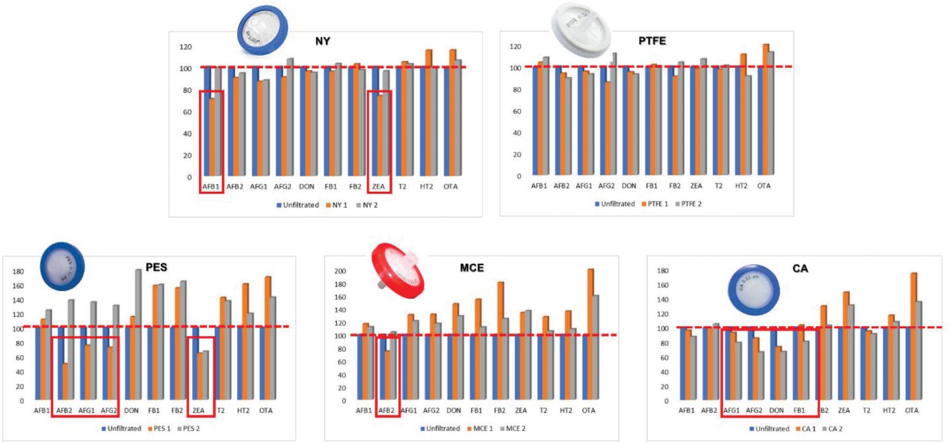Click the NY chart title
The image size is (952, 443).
(323, 41)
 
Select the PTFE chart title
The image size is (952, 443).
(652, 41)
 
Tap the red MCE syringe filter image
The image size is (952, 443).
(398, 270)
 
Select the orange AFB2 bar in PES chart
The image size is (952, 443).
(65, 381)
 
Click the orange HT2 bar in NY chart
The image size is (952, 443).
(428, 113)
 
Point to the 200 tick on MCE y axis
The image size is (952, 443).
(340, 271)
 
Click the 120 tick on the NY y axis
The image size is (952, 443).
(185, 47)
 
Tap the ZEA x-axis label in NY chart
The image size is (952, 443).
(378, 187)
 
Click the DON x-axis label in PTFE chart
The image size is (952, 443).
(629, 186)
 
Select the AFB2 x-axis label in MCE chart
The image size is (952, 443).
(386, 410)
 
